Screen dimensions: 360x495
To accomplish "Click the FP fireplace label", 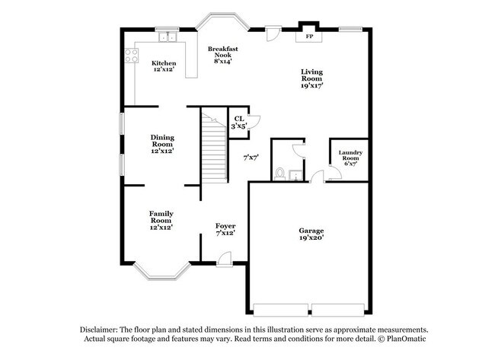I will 309,36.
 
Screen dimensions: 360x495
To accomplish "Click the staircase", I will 214,149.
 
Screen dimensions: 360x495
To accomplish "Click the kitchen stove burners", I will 130,55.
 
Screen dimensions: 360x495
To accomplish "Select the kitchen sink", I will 166,36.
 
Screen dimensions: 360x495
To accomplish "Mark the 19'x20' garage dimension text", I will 311,238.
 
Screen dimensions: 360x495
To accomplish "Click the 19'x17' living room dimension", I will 311,87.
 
